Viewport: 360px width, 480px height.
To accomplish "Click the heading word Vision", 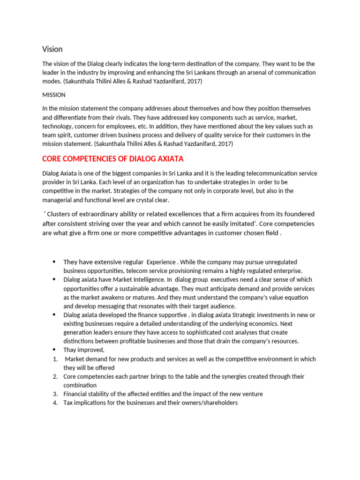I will pos(52,49).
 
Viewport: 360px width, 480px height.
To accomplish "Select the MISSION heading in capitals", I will pos(54,95).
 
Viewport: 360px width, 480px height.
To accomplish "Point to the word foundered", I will pos(298,214).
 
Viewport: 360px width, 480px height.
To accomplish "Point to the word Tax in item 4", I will pos(68,403).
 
